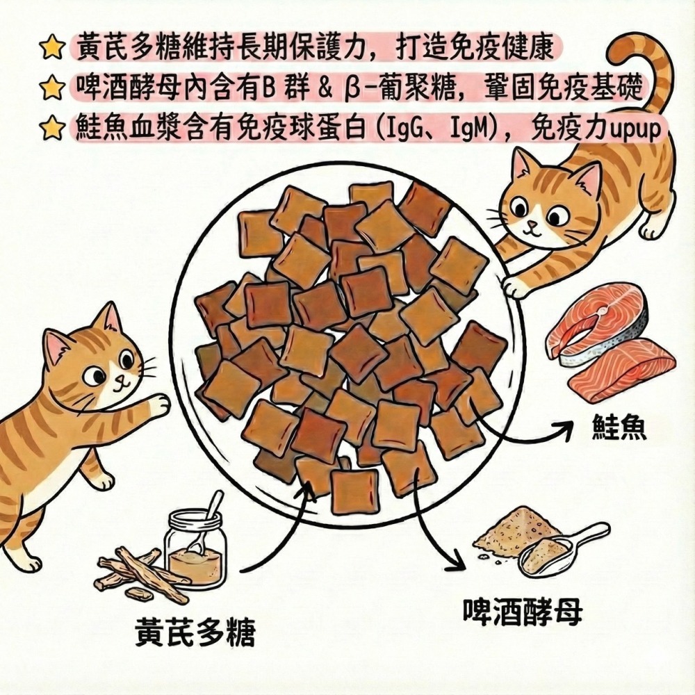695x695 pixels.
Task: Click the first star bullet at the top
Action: click(x=50, y=49)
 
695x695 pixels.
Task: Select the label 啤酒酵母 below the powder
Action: click(x=522, y=610)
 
